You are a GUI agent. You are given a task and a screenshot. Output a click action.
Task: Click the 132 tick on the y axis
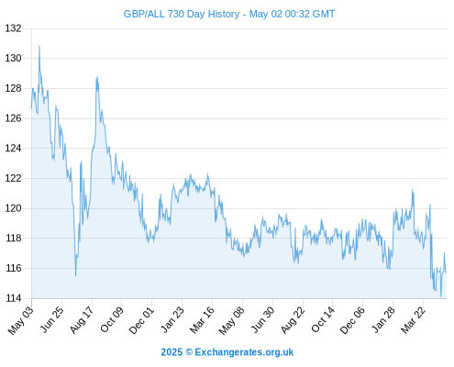tap(13, 28)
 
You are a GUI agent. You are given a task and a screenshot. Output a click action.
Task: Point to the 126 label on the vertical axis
tap(13, 118)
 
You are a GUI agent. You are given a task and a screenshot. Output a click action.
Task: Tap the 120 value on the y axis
tap(13, 208)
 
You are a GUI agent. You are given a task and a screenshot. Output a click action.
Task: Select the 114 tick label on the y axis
tap(13, 298)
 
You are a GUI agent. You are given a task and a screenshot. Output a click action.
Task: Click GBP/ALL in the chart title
tap(144, 14)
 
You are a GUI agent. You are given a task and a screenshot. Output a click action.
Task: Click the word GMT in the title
tap(324, 14)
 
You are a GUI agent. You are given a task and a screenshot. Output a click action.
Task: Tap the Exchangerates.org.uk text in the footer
tap(244, 352)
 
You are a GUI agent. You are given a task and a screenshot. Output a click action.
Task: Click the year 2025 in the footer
tap(172, 352)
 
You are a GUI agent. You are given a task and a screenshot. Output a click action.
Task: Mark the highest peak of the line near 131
tap(39, 46)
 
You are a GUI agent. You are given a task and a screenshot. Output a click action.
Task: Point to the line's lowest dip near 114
tap(441, 296)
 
